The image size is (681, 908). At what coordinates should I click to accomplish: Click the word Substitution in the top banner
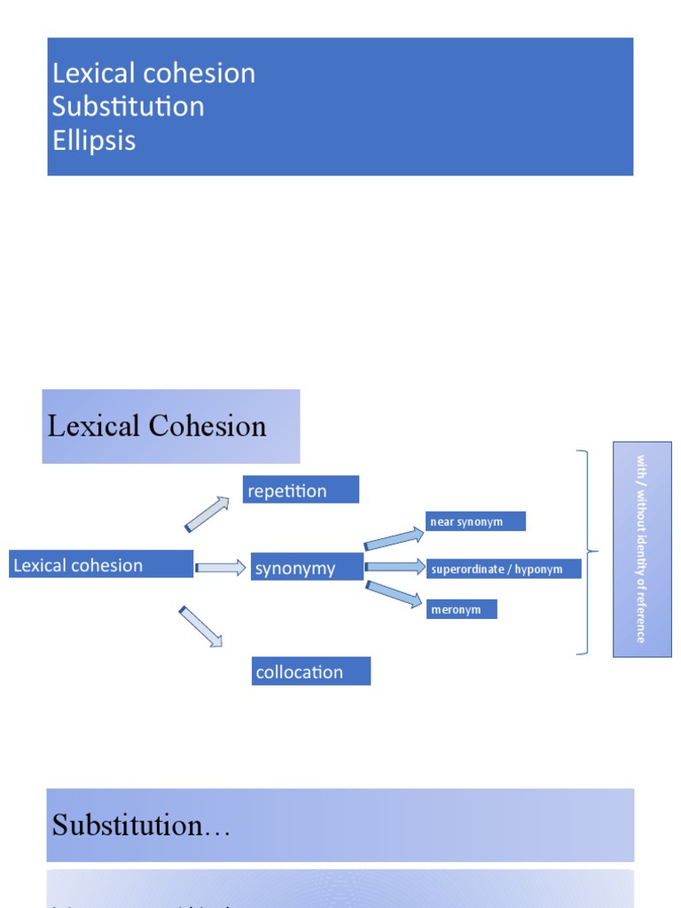pyautogui.click(x=128, y=106)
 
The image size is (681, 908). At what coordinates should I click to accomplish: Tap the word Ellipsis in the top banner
pyautogui.click(x=94, y=140)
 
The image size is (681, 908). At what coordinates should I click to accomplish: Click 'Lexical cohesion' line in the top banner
pyautogui.click(x=153, y=73)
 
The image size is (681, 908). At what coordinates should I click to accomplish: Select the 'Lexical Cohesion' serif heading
pyautogui.click(x=157, y=427)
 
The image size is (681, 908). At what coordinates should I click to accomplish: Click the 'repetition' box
pyautogui.click(x=301, y=490)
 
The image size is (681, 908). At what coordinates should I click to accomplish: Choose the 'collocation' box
pyautogui.click(x=310, y=671)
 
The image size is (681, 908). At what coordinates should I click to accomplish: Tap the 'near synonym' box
pyautogui.click(x=475, y=521)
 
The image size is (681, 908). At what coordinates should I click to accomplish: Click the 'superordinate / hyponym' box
pyautogui.click(x=503, y=569)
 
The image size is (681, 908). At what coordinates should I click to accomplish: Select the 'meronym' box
pyautogui.click(x=461, y=609)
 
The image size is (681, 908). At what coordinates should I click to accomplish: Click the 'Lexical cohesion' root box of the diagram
pyautogui.click(x=101, y=565)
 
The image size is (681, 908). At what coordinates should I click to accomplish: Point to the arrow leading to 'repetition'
pyautogui.click(x=207, y=514)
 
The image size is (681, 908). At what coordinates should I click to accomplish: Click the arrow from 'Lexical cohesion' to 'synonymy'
pyautogui.click(x=220, y=567)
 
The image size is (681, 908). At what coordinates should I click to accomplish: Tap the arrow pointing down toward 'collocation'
pyautogui.click(x=200, y=626)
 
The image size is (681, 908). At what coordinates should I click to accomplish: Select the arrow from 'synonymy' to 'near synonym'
pyautogui.click(x=395, y=538)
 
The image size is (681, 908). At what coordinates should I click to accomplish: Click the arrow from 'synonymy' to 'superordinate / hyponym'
pyautogui.click(x=395, y=567)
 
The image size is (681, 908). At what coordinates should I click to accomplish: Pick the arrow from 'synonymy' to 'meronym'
pyautogui.click(x=395, y=594)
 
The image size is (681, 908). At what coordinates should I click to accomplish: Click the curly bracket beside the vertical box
pyautogui.click(x=586, y=552)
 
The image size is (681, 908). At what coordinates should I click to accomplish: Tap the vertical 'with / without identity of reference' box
pyautogui.click(x=641, y=549)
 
